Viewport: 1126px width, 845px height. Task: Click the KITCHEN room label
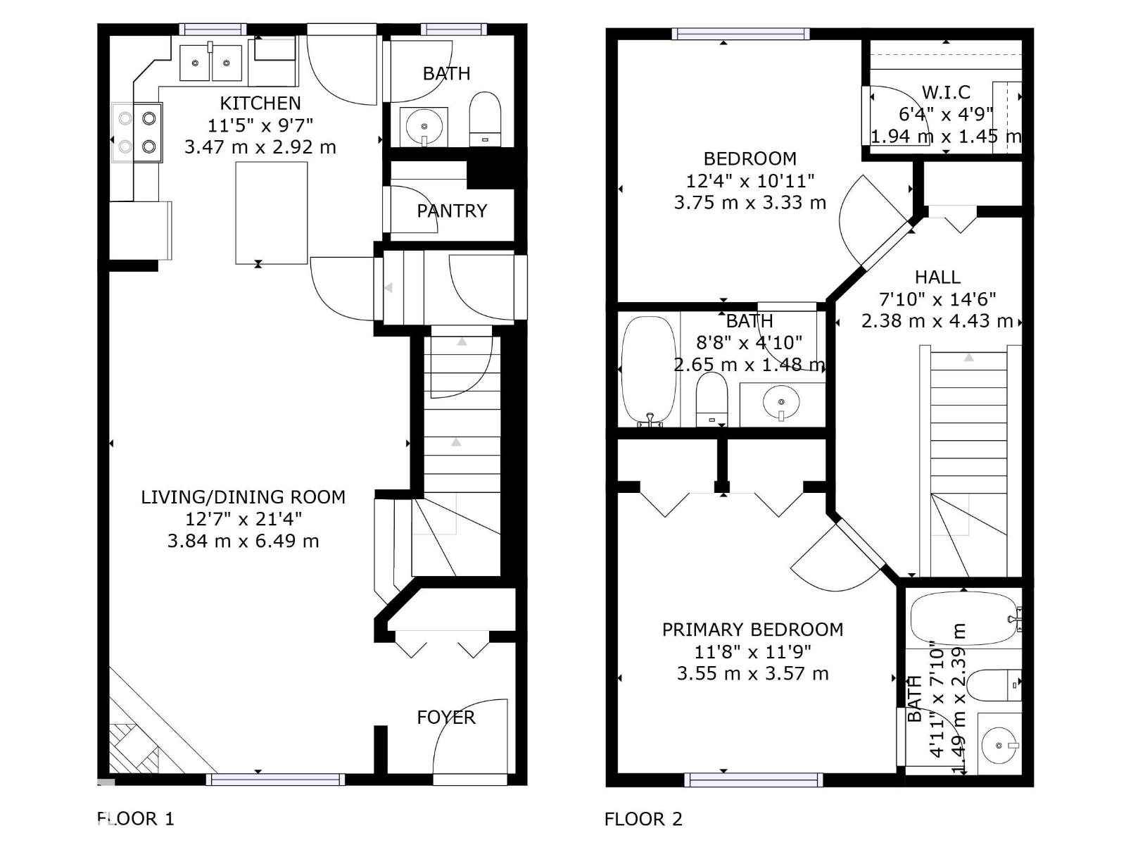coord(260,103)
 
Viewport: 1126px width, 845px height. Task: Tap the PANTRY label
coord(451,211)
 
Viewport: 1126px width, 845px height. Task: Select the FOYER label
coord(445,717)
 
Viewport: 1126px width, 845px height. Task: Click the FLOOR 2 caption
coord(643,819)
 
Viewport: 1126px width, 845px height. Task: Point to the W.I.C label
coord(946,92)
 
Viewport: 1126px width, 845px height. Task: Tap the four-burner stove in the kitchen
coord(137,132)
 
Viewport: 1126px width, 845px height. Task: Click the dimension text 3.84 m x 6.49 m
coord(243,541)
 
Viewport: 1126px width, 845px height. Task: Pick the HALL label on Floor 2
coord(937,277)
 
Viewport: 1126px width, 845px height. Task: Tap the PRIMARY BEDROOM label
coord(752,629)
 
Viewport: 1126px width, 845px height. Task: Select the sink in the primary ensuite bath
coord(999,745)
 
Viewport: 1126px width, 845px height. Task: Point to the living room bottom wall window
coord(275,779)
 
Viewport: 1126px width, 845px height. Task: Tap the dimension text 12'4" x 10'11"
coord(749,180)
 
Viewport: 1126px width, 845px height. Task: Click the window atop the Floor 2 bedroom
coord(740,34)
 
